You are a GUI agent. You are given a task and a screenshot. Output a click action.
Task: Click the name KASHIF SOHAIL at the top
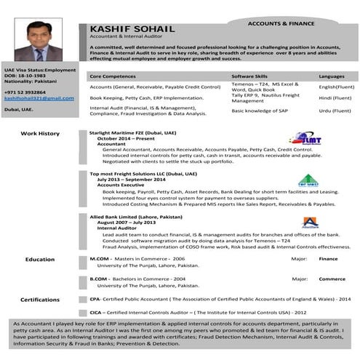[127, 28]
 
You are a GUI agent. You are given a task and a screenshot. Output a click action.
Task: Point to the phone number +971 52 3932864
[25, 92]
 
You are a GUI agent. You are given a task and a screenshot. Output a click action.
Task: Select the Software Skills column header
[249, 76]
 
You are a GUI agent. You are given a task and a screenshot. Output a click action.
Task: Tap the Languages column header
[332, 76]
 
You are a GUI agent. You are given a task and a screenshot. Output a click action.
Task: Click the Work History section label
[40, 134]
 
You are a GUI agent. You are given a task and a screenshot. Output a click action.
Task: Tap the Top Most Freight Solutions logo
[308, 180]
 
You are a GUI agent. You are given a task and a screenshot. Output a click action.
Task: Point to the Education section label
[40, 259]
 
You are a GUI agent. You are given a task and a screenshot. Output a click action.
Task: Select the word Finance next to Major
[329, 258]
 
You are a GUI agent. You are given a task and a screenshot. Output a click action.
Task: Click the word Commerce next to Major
[332, 279]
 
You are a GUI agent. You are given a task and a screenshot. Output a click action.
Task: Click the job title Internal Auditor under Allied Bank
[117, 228]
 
